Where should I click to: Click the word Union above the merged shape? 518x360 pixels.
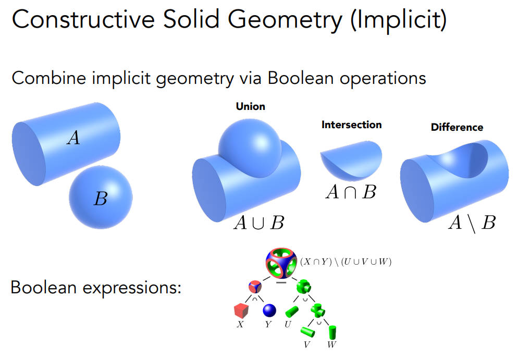click(251, 106)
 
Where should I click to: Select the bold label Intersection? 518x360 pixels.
click(351, 125)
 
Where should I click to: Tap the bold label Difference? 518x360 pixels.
click(457, 127)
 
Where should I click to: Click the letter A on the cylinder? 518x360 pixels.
click(73, 138)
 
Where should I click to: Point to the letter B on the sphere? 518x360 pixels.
click(101, 198)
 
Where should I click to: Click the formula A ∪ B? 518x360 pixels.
click(259, 222)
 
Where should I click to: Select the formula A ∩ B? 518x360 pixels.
click(351, 192)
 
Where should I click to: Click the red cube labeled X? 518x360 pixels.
click(241, 311)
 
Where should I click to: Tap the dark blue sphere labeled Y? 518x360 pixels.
click(269, 311)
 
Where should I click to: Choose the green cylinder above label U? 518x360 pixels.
click(292, 312)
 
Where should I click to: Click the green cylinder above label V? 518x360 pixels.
click(307, 331)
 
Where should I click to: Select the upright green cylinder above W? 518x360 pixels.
click(332, 331)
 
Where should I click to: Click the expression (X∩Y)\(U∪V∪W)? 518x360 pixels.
click(346, 262)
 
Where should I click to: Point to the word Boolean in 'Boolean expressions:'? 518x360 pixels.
click(44, 288)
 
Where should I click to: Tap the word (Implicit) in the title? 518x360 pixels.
click(399, 19)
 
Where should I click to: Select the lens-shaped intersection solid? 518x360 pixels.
click(351, 160)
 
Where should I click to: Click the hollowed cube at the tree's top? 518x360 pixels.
click(281, 263)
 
